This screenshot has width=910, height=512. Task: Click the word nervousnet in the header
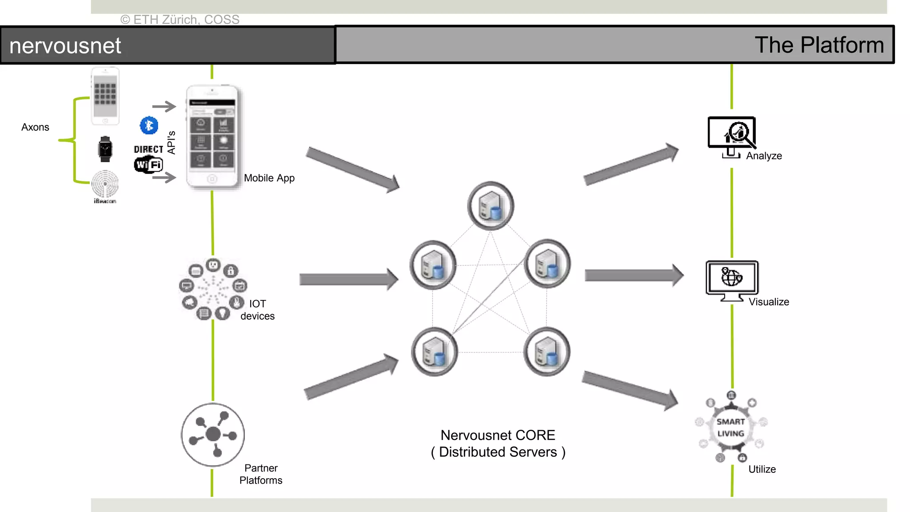click(65, 46)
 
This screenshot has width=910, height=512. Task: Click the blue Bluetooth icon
click(149, 126)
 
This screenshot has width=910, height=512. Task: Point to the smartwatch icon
click(105, 149)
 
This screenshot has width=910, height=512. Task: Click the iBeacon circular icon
click(105, 184)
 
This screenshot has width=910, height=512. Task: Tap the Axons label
click(35, 127)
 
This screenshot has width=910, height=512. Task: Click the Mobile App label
click(269, 178)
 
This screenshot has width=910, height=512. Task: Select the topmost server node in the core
click(491, 206)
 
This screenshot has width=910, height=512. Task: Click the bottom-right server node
click(547, 352)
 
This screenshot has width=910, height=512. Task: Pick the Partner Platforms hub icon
click(213, 434)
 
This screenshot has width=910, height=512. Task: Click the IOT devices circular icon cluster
click(213, 289)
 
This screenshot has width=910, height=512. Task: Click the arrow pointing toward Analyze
click(631, 164)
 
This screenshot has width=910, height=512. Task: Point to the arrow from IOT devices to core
click(348, 280)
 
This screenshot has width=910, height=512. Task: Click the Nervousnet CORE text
click(498, 435)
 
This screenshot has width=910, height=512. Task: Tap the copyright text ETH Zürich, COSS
click(180, 20)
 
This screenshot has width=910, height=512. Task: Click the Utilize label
click(762, 469)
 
